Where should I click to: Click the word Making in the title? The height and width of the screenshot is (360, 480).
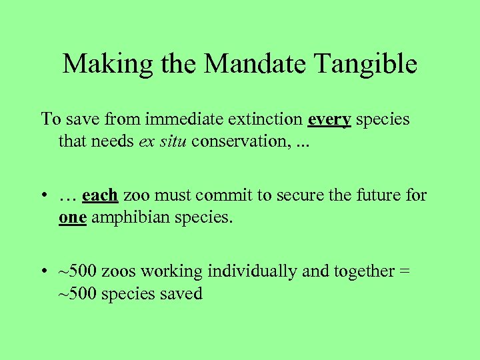(101, 64)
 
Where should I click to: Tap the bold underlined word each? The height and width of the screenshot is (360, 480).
(100, 195)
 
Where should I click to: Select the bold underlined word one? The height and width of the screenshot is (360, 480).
(71, 218)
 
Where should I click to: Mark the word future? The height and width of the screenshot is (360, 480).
(378, 195)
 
